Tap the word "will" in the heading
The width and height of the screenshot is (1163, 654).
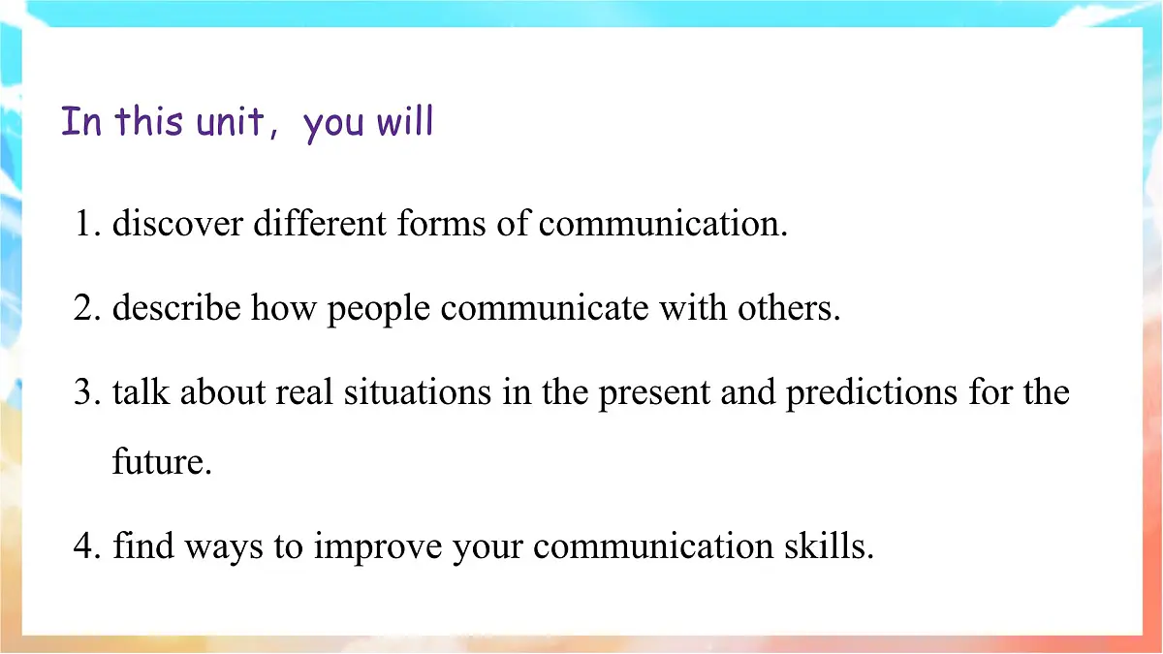pyautogui.click(x=404, y=123)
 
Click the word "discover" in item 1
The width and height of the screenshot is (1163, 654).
pyautogui.click(x=177, y=225)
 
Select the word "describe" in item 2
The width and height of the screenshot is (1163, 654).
pyautogui.click(x=176, y=309)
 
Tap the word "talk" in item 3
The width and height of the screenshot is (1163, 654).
pyautogui.click(x=141, y=393)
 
